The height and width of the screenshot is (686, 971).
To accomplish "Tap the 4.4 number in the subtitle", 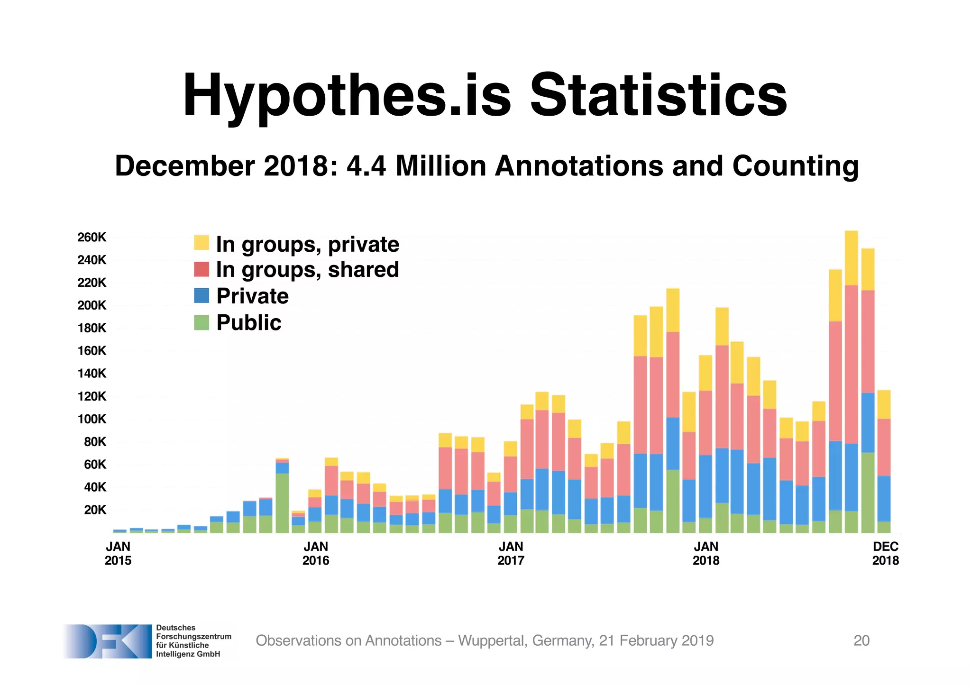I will pyautogui.click(x=366, y=166).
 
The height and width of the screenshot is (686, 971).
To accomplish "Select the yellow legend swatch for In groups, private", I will pyautogui.click(x=202, y=242).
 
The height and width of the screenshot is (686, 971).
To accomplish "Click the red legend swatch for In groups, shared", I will pyautogui.click(x=202, y=269).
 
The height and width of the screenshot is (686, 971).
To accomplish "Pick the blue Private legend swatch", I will pyautogui.click(x=202, y=295).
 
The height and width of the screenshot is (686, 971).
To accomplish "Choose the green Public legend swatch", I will pyautogui.click(x=202, y=322).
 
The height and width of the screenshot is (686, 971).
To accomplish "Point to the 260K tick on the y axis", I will pyautogui.click(x=92, y=237).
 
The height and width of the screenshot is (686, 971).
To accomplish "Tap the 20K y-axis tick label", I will pyautogui.click(x=95, y=510).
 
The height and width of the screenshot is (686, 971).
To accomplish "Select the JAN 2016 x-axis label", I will pyautogui.click(x=316, y=553).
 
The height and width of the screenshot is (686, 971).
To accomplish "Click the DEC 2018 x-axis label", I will pyautogui.click(x=885, y=553).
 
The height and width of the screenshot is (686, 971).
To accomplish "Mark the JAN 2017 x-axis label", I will pyautogui.click(x=511, y=553).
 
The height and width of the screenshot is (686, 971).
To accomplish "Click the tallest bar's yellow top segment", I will pyautogui.click(x=851, y=257).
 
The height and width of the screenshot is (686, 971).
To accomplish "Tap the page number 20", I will pyautogui.click(x=861, y=640).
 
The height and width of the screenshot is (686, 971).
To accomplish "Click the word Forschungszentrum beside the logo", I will pyautogui.click(x=193, y=636).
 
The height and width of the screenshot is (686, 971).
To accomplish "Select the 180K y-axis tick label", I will pyautogui.click(x=92, y=328).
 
